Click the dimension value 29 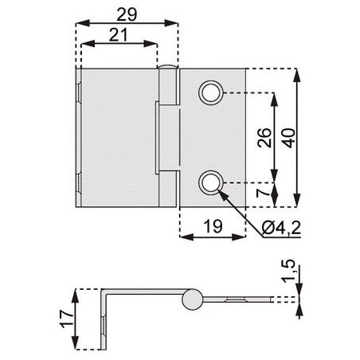127,14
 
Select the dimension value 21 118,35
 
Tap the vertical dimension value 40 289,138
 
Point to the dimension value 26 264,138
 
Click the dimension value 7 264,192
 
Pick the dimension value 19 213,226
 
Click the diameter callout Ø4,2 281,228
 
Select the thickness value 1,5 288,271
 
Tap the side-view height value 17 67,319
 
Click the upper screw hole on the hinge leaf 211,92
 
